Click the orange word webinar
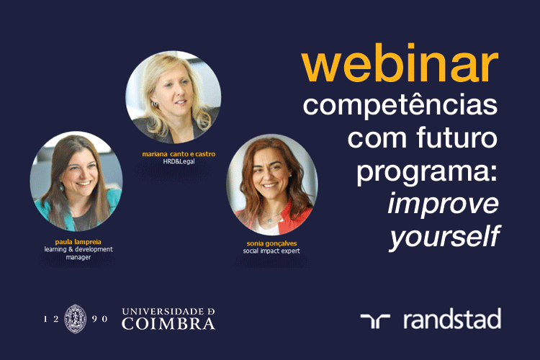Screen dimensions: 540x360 [400, 63]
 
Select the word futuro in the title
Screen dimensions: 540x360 [457, 137]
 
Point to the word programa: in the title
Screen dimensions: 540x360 [427, 172]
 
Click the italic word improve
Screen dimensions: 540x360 [444, 204]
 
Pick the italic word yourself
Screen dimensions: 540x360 [445, 237]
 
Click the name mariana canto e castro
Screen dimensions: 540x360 [179, 154]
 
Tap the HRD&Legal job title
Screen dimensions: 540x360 [179, 161]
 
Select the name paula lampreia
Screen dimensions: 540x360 [78, 242]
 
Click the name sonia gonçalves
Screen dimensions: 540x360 [271, 243]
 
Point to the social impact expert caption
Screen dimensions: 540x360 [271, 251]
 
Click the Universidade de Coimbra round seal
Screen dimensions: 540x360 [76, 319]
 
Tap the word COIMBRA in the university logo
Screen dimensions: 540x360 [168, 324]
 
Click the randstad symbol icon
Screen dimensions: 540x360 [375, 320]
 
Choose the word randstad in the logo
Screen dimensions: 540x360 [452, 319]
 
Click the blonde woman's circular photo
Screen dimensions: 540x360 [174, 97]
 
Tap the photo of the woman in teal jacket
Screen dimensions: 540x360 [76, 181]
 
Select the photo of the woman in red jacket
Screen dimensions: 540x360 [272, 185]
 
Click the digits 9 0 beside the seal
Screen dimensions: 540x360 [100, 319]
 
